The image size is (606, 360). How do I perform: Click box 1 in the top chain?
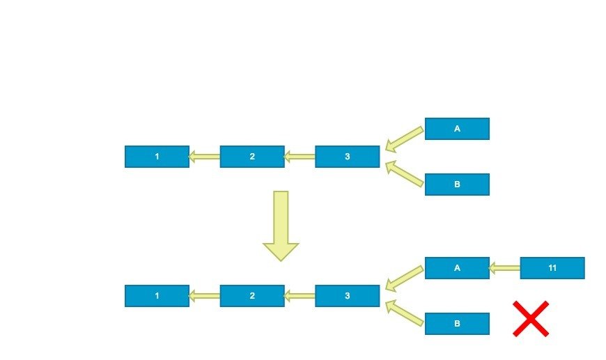pos(157,157)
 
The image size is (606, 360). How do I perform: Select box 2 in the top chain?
pos(252,157)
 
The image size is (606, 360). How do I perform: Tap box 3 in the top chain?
pos(347,157)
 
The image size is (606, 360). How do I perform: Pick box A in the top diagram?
pos(457,129)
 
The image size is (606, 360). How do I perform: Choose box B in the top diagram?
pos(457,185)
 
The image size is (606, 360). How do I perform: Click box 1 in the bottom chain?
pos(157,296)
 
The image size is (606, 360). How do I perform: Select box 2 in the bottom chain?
pos(252,296)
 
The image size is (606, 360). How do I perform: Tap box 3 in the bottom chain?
pos(347,296)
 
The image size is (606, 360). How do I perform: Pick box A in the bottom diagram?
pos(457,268)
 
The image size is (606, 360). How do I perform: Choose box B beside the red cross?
pos(457,324)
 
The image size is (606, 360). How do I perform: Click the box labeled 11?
pos(552,268)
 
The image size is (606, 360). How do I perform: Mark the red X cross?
pos(531,319)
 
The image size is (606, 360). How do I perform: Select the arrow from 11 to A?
pos(504,268)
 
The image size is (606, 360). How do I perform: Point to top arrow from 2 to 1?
pos(204,157)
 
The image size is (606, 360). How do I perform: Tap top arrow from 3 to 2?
pos(300,157)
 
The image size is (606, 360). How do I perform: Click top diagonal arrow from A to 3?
pos(403,139)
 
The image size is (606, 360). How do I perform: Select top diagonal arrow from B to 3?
pos(403,174)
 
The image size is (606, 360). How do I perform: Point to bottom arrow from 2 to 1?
pos(204,296)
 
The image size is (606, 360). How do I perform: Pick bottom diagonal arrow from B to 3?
pos(403,313)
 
